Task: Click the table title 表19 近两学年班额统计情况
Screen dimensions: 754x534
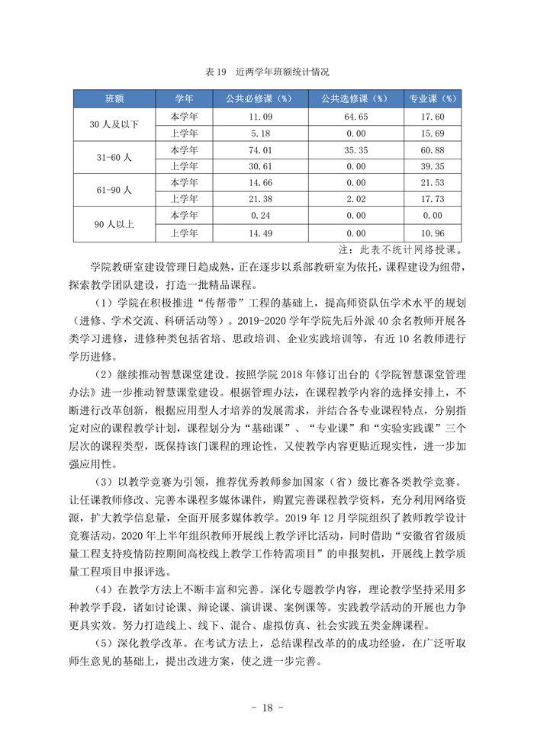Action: (267, 72)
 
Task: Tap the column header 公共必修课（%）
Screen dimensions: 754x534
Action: (259, 99)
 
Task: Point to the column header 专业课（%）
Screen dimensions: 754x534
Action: (433, 99)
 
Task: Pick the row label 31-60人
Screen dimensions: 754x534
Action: (114, 157)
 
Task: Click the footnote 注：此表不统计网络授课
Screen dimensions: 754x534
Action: (400, 249)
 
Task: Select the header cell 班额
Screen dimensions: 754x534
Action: (114, 99)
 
